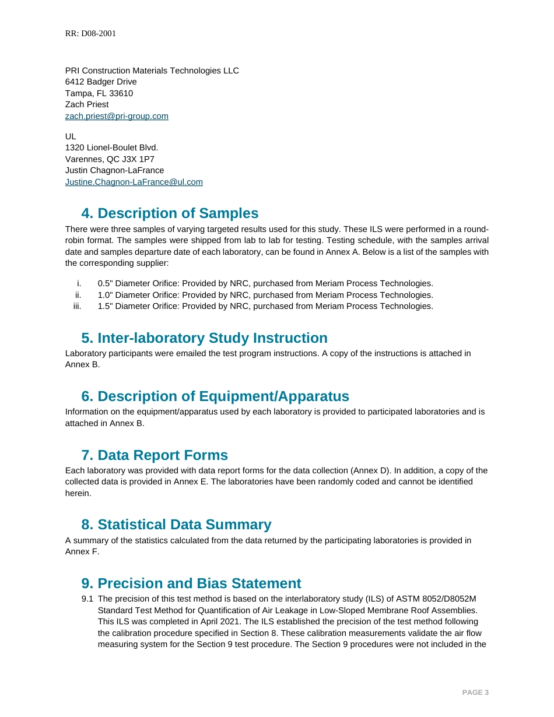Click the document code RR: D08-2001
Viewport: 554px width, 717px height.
point(90,34)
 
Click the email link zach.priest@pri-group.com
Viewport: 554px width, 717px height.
point(117,116)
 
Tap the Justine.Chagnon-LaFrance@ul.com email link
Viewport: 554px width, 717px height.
point(134,182)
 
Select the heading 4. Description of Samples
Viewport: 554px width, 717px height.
point(170,213)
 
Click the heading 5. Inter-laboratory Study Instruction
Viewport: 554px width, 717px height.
point(204,338)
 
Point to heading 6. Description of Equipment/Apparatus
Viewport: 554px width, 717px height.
point(215,396)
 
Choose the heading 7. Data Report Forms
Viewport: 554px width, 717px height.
point(155,455)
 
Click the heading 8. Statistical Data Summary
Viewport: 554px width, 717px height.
point(176,525)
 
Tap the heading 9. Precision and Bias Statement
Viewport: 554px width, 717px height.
point(191,584)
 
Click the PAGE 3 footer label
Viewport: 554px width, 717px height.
point(475,693)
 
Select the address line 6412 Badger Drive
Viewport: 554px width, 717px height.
point(101,82)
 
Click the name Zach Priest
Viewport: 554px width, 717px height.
point(87,104)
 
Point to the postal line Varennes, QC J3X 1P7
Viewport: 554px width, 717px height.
point(110,159)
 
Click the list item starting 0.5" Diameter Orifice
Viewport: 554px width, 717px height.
point(265,283)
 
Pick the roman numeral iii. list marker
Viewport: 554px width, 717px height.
point(77,306)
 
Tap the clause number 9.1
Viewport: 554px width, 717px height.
point(87,599)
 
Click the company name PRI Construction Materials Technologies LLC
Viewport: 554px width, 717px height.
point(152,71)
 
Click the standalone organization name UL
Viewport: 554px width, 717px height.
point(71,136)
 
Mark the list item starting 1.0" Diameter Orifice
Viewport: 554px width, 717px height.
point(265,295)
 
